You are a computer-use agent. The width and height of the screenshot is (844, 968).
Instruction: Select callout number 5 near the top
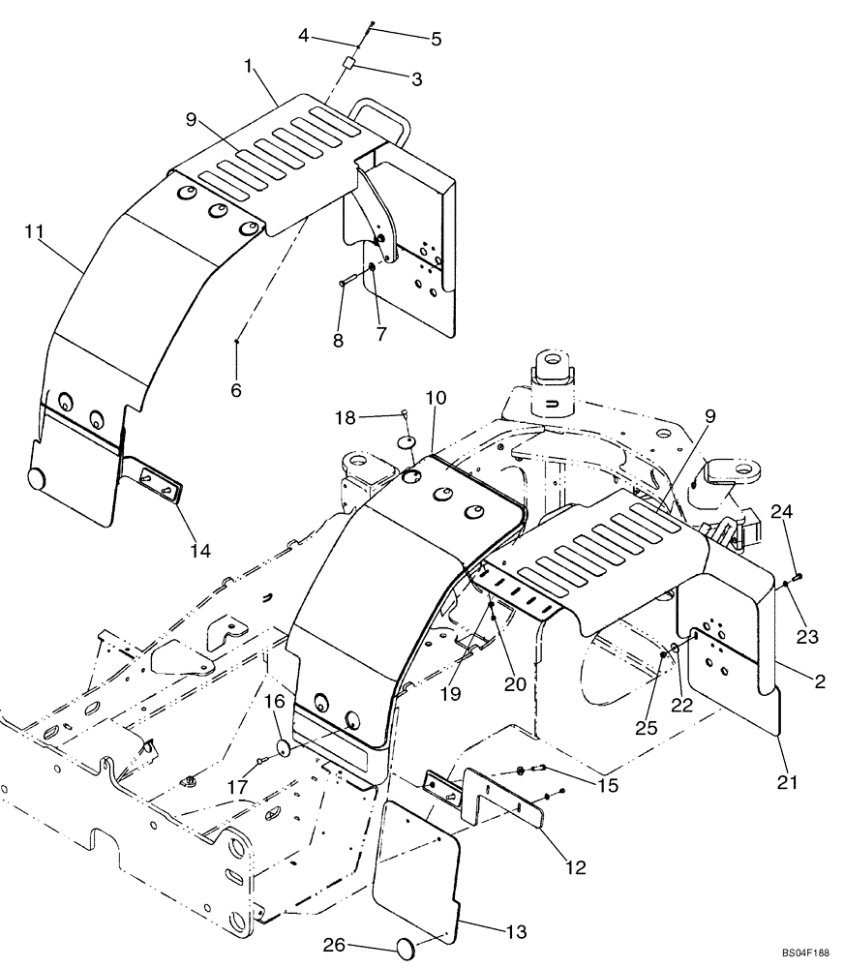pyautogui.click(x=436, y=40)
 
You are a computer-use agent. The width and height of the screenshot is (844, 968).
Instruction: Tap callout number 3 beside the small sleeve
pyautogui.click(x=417, y=80)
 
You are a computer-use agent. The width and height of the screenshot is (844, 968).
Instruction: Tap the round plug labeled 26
pyautogui.click(x=404, y=947)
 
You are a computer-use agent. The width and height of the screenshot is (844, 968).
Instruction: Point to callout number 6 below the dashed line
pyautogui.click(x=236, y=391)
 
